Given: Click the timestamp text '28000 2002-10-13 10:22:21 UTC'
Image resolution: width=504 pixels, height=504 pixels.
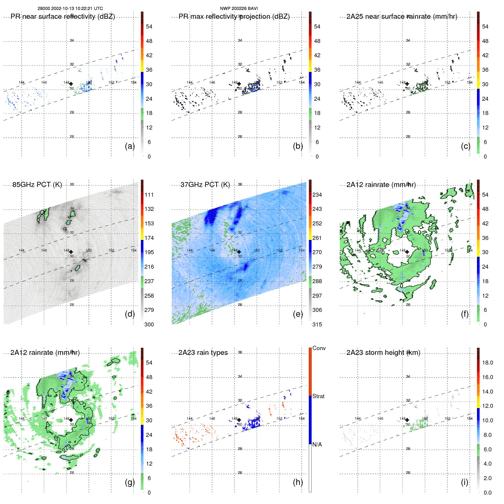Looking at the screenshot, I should click(70, 9).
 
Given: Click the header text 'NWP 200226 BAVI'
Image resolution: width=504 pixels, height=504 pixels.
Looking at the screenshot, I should click(239, 9).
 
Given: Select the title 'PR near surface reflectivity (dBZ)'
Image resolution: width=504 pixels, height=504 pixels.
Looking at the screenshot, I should click(63, 17).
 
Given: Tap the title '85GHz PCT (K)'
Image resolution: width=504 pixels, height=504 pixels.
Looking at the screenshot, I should click(37, 185).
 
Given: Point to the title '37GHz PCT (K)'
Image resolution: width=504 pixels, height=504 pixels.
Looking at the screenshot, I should click(205, 185).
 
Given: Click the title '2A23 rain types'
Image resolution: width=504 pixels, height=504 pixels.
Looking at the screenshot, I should click(203, 353).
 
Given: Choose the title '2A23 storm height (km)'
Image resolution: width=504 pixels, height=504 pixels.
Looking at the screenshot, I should click(383, 353).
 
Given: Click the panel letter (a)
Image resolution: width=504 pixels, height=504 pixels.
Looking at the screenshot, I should click(130, 146).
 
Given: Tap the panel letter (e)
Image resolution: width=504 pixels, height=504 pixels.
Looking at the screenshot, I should click(298, 314).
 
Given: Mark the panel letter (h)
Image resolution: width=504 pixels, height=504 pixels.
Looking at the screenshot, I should click(298, 482).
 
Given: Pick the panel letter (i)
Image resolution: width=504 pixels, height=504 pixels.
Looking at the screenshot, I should click(464, 482).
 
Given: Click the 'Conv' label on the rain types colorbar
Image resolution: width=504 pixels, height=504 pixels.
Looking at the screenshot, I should click(319, 348).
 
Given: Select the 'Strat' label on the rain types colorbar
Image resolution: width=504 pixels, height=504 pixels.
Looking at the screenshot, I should click(318, 396).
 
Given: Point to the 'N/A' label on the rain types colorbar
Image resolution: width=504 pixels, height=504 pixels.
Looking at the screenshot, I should click(317, 445).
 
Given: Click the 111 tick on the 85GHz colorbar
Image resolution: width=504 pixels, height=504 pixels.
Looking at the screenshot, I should click(149, 195).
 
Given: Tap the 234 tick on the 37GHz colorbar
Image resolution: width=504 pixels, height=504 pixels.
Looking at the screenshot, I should click(317, 195).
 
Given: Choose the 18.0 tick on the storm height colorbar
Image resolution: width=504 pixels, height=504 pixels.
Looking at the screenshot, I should click(487, 363).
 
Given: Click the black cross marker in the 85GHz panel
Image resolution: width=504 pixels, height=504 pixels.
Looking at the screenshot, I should click(71, 252).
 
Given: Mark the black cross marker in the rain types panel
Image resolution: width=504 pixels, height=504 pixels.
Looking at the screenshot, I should click(239, 420).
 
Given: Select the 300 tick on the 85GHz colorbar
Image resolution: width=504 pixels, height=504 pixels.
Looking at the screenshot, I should click(149, 324).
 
